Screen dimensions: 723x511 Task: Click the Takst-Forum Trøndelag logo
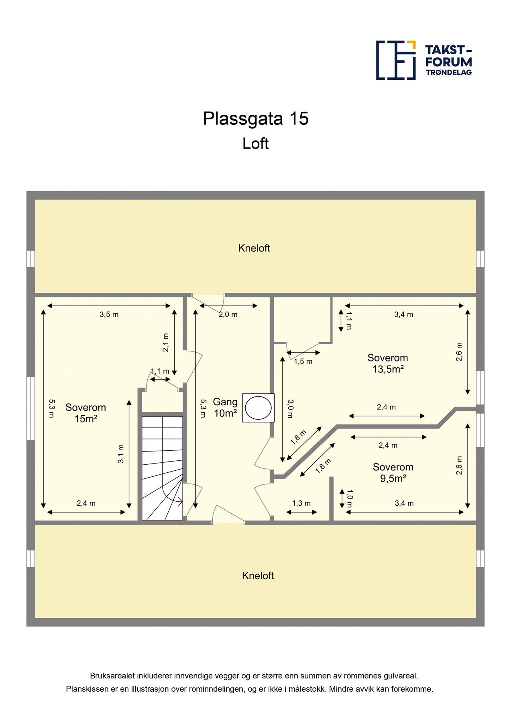pyautogui.click(x=423, y=60)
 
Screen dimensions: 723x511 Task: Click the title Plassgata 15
pyautogui.click(x=256, y=118)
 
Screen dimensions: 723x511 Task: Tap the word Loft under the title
pyautogui.click(x=255, y=143)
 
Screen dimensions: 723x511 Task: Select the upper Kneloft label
pyautogui.click(x=254, y=248)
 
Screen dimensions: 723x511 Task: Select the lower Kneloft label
pyautogui.click(x=258, y=576)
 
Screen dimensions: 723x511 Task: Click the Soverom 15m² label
pyautogui.click(x=86, y=413)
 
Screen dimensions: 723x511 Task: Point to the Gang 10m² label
pyautogui.click(x=225, y=407)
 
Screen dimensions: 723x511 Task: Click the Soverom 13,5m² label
pyautogui.click(x=387, y=363)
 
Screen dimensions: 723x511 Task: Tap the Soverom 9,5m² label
pyautogui.click(x=393, y=472)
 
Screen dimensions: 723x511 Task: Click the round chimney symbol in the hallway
pyautogui.click(x=258, y=408)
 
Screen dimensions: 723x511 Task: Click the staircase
pyautogui.click(x=162, y=468)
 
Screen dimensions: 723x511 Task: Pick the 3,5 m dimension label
pyautogui.click(x=109, y=315)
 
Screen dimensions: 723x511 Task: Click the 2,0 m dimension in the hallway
pyautogui.click(x=228, y=315)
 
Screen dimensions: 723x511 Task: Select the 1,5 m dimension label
pyautogui.click(x=303, y=361)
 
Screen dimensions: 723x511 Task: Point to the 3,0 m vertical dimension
pyautogui.click(x=290, y=409)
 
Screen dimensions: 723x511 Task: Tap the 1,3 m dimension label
pyautogui.click(x=301, y=503)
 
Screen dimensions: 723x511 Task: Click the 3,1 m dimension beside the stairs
pyautogui.click(x=121, y=454)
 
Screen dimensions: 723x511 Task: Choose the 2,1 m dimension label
pyautogui.click(x=166, y=343)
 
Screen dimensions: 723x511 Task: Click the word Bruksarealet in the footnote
pyautogui.click(x=110, y=676)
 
